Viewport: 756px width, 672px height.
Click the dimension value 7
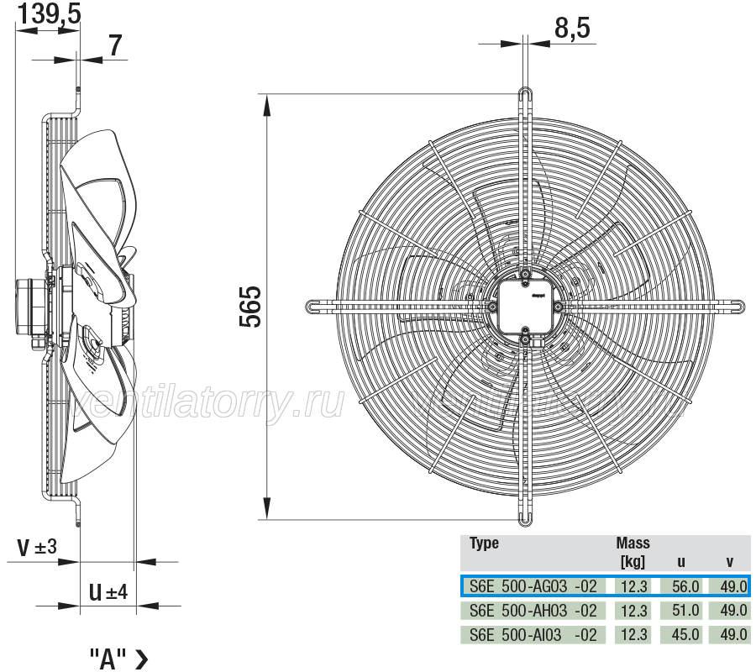114,46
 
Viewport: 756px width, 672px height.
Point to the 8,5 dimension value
572,28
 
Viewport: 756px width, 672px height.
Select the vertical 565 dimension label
250,307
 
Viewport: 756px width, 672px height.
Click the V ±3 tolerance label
37,547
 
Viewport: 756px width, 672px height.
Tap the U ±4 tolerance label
108,591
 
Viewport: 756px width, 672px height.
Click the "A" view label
118,659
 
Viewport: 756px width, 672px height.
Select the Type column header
484,543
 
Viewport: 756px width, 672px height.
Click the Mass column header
633,543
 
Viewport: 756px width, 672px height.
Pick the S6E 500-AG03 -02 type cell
533,586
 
